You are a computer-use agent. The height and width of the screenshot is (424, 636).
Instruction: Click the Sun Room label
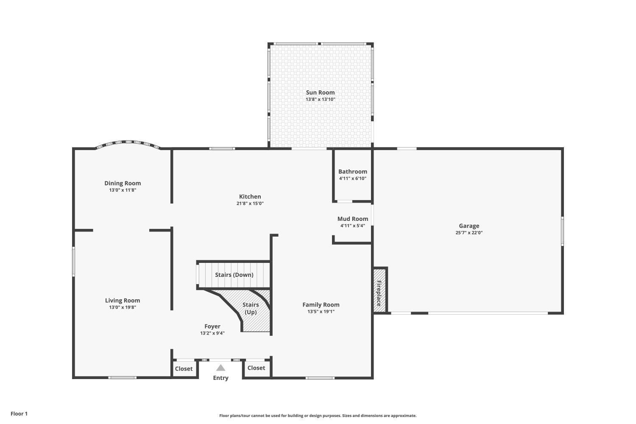[x=320, y=92]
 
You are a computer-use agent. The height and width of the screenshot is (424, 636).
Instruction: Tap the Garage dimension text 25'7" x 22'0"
[x=469, y=232]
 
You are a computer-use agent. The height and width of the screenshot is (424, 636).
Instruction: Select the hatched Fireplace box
[x=380, y=291]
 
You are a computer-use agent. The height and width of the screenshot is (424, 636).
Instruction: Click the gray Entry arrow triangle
[x=220, y=368]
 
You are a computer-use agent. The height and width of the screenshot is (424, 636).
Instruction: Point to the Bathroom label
[x=352, y=172]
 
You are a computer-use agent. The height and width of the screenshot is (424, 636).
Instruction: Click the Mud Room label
[x=352, y=219]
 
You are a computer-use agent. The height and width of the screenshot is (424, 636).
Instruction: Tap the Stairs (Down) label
[x=234, y=275]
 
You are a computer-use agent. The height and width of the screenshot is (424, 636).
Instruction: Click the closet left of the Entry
[x=184, y=368]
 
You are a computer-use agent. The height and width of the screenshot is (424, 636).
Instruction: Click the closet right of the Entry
[x=256, y=368]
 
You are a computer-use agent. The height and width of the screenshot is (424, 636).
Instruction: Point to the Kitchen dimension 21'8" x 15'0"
[x=250, y=203]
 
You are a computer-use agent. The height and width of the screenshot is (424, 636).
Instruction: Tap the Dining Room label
[x=123, y=183]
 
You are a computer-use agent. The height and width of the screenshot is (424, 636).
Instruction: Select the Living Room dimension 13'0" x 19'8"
[x=123, y=307]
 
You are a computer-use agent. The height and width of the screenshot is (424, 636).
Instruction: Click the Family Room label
[x=321, y=304]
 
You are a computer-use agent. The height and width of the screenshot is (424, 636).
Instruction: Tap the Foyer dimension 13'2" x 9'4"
[x=212, y=333]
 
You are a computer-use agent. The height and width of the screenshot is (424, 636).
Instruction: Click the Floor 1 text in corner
[x=19, y=413]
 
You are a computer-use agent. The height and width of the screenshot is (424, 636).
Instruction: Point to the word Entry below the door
[x=220, y=378]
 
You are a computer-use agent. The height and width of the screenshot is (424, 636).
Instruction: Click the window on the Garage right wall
[x=562, y=231]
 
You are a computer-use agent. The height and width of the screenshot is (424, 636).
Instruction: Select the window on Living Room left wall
[x=73, y=262]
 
